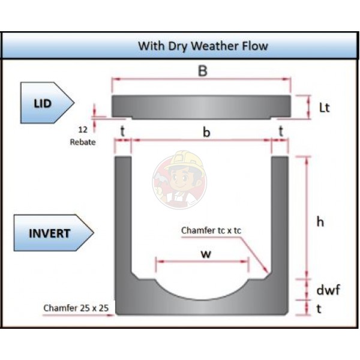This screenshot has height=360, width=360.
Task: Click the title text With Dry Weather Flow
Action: pos(203,46)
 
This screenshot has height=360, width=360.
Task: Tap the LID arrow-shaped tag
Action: pos(47,103)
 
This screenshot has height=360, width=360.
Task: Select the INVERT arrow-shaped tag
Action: pos(53,233)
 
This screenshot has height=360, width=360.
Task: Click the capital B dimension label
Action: pos(203,71)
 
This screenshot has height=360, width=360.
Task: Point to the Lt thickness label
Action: pos(324,107)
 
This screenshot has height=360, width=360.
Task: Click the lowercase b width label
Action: pos(206,132)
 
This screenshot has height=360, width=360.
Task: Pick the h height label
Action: pos(320,222)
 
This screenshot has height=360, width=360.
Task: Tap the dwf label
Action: pos(328,290)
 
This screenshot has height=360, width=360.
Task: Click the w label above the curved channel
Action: pos(206,254)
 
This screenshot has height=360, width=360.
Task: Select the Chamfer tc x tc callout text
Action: pos(211,230)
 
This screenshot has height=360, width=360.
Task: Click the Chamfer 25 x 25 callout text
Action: pos(76,308)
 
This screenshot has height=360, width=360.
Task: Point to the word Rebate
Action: pos(83,142)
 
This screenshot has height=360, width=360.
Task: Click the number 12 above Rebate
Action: pos(83,130)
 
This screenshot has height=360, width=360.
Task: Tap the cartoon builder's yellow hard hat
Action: pos(185,160)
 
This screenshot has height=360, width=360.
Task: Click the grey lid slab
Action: pos(202,107)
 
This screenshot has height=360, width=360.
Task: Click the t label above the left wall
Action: pos(122,132)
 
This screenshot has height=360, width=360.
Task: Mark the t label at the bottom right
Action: pos(319,309)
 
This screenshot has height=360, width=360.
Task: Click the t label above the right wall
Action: pos(281,132)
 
